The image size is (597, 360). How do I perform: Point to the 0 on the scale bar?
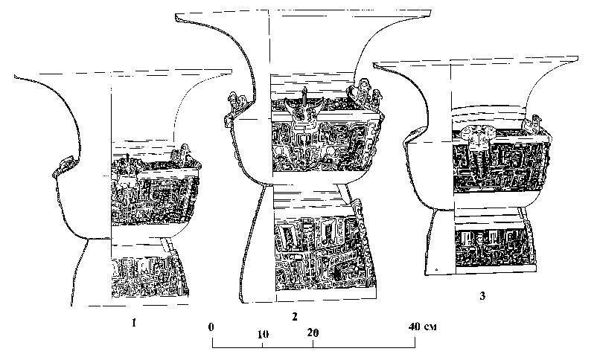(x=212, y=326)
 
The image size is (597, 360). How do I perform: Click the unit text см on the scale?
(x=430, y=327)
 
